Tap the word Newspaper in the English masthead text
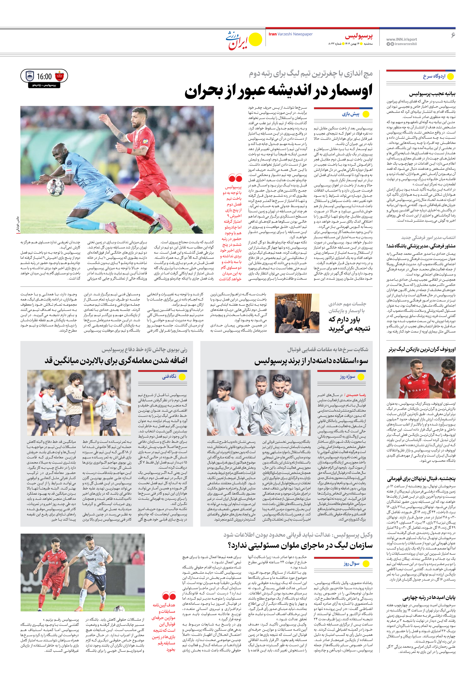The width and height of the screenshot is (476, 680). (303, 34)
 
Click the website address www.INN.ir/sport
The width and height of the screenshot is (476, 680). (401, 39)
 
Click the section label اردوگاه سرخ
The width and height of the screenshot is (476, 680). (434, 76)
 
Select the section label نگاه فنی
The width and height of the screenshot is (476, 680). (169, 376)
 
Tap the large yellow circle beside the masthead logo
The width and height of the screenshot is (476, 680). (255, 40)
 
